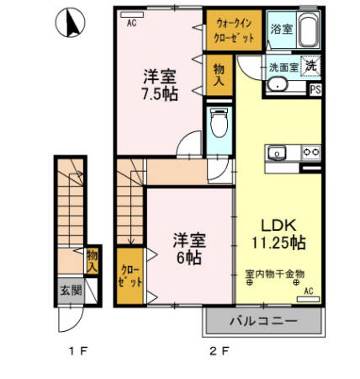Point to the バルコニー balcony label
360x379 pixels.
click(262, 321)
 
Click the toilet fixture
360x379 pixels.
click(218, 127)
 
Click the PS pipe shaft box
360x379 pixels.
click(315, 88)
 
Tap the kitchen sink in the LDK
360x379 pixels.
click(278, 152)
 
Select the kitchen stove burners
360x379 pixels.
click(310, 152)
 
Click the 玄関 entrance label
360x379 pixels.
click(70, 291)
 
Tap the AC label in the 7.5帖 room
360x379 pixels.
click(131, 24)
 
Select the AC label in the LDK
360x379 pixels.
click(308, 291)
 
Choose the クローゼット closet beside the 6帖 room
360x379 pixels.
click(130, 279)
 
